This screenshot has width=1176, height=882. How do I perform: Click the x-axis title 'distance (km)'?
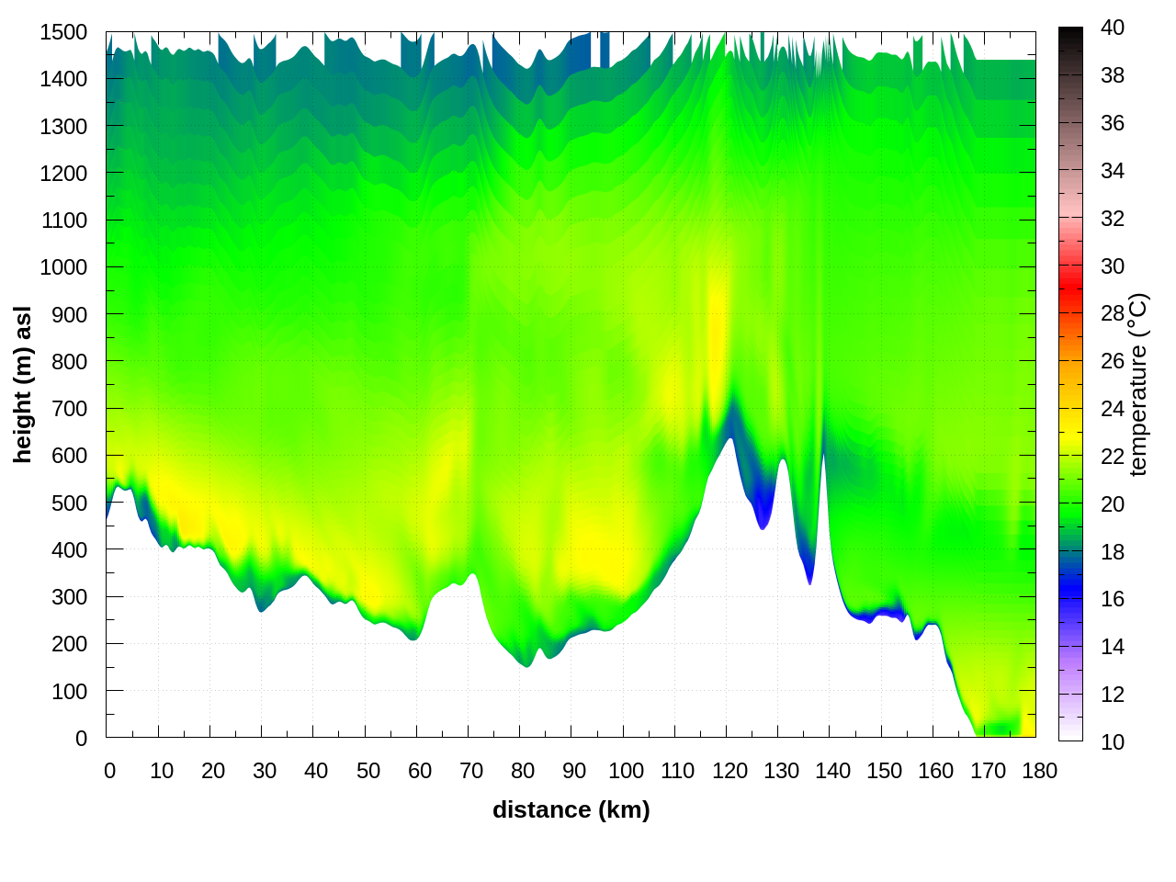click(571, 809)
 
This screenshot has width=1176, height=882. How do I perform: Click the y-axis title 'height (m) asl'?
click(23, 384)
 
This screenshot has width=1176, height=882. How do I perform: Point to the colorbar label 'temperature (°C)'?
click(1138, 384)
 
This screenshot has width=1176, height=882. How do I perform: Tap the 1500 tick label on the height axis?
click(63, 32)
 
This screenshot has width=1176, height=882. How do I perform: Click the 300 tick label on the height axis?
click(69, 597)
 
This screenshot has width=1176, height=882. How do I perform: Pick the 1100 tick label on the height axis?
click(63, 220)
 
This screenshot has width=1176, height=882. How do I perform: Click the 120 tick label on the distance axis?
click(729, 771)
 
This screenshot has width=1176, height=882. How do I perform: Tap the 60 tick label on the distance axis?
click(420, 771)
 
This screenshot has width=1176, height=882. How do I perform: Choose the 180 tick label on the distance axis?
click(1039, 771)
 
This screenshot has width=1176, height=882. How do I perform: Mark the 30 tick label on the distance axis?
click(265, 771)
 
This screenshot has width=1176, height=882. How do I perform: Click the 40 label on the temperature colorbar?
click(1113, 28)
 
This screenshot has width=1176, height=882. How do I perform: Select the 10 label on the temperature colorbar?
click(1113, 741)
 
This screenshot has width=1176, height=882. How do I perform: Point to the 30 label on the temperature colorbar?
click(1113, 266)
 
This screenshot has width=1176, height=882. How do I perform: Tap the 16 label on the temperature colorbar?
click(1113, 599)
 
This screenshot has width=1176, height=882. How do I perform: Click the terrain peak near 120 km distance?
click(730, 439)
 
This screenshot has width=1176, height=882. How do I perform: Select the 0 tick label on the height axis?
click(81, 738)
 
